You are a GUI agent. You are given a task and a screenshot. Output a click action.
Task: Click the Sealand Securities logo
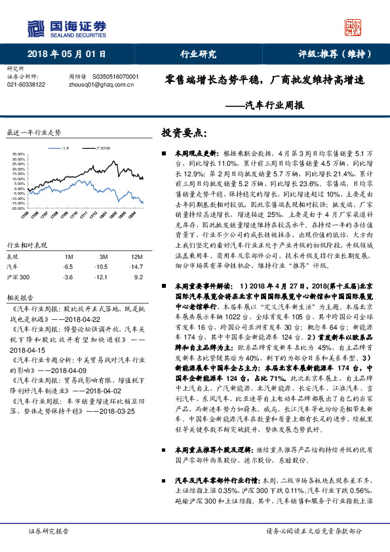tap(66, 28)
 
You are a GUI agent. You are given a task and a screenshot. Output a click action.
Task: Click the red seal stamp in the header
tap(355, 27)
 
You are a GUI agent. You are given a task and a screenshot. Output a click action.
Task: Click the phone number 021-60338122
tap(26, 85)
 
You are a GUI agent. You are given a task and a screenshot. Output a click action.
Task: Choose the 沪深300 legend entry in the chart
tap(104, 148)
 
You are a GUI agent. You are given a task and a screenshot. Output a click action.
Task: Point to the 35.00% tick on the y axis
tap(18, 155)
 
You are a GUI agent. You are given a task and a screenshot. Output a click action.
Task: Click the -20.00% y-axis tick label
tap(18, 208)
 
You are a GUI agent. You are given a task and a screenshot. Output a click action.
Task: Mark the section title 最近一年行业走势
tap(33, 132)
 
